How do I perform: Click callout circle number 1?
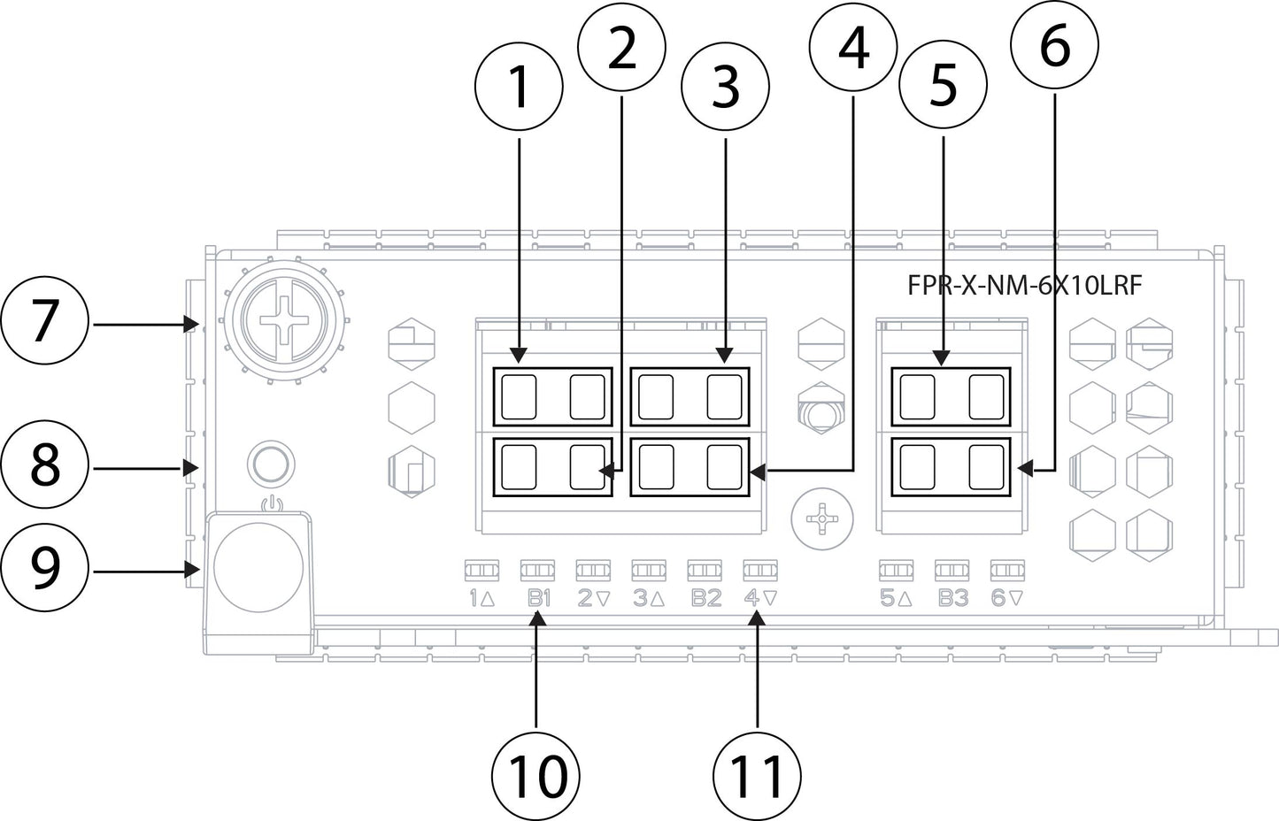(519, 89)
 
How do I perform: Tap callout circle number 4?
(853, 49)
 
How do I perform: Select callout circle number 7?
(45, 324)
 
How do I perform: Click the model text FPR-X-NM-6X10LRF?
(1024, 286)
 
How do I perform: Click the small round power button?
(270, 462)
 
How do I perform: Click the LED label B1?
(538, 599)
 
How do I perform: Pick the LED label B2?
(705, 599)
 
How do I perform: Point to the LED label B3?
(952, 599)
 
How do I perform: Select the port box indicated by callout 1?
(552, 395)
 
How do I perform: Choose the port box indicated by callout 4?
(690, 467)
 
